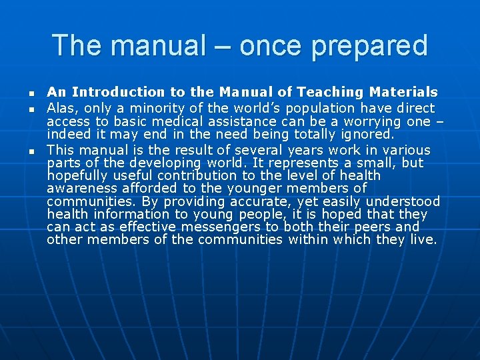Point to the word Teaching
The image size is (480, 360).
pyautogui.click(x=331, y=92)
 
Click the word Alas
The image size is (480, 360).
pyautogui.click(x=59, y=108)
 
